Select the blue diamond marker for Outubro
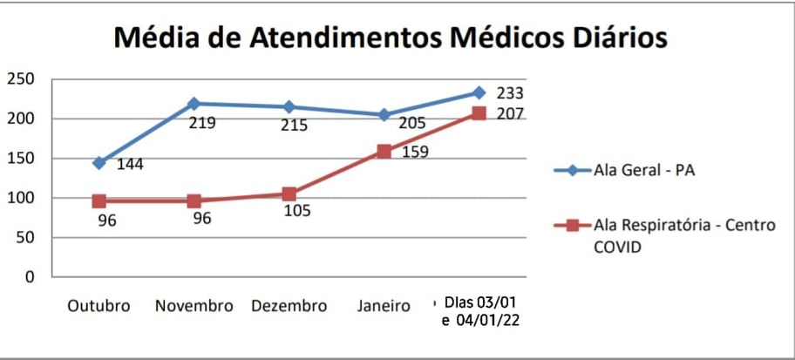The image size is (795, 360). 99,163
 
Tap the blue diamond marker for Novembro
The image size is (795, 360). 194,104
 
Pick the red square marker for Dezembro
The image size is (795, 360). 289,194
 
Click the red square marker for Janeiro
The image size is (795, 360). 384,152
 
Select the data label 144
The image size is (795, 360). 131,165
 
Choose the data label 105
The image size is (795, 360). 296,211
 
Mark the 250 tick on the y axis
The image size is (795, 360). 20,79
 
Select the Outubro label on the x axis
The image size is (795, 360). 99,306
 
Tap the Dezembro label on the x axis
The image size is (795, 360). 289,306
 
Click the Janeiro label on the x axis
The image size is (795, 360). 384,306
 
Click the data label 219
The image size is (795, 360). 202,123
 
